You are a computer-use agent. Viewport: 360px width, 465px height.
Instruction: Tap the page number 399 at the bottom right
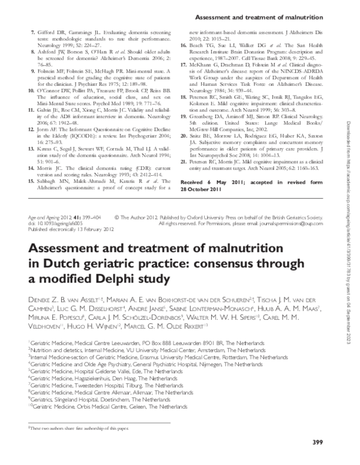(319, 443)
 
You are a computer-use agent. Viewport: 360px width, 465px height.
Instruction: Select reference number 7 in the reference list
(32, 29)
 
